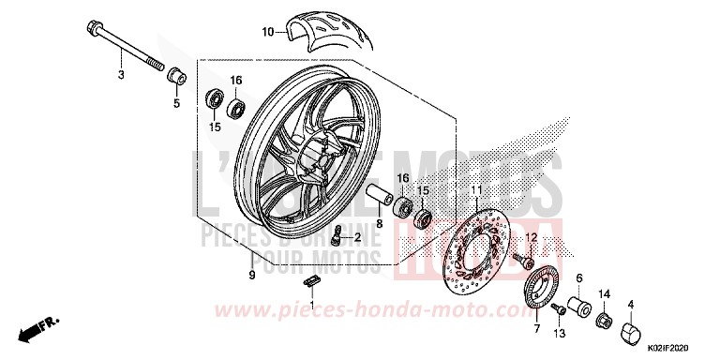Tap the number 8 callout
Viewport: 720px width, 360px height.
[380, 225]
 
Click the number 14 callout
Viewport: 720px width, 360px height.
[604, 293]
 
